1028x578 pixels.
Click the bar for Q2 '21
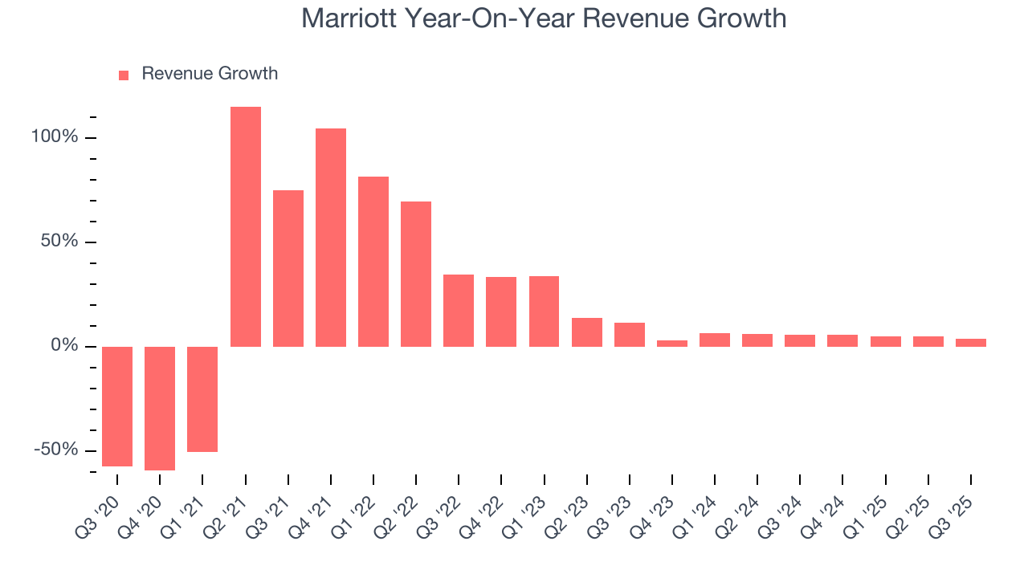[x=246, y=226]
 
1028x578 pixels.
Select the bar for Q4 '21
[x=331, y=238]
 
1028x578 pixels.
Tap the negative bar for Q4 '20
[x=160, y=408]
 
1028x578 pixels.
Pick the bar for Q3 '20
[x=117, y=406]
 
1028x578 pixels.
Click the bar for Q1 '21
[x=202, y=399]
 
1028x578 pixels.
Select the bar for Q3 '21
[x=288, y=268]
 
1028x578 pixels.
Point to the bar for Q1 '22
[x=373, y=262]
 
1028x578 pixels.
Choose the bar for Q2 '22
[x=416, y=274]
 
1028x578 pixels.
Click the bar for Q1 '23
[x=544, y=311]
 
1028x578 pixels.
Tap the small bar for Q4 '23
[x=672, y=344]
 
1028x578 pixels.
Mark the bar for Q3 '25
[x=971, y=343]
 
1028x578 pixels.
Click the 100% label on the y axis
[x=55, y=137]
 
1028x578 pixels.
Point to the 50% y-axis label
[x=59, y=242]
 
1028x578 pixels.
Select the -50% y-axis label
[x=56, y=450]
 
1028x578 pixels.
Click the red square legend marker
[x=124, y=75]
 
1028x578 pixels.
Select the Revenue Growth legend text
[x=210, y=74]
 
